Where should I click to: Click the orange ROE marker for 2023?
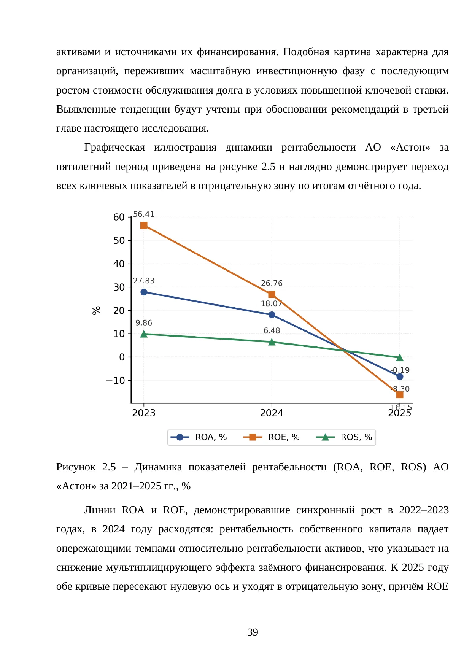click(144, 226)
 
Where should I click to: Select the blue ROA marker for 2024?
click(272, 315)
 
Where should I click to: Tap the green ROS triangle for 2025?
click(400, 357)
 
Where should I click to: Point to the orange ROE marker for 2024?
click(272, 295)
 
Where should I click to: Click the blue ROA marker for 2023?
click(144, 292)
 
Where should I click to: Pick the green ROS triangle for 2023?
click(144, 334)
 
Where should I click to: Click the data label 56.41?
click(144, 214)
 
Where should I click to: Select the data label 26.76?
click(272, 283)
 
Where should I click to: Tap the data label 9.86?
click(144, 323)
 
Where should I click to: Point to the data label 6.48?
click(272, 331)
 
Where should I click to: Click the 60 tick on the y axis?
click(119, 217)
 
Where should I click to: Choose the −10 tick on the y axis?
click(116, 380)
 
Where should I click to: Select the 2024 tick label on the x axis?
click(272, 413)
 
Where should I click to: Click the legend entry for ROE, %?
click(272, 437)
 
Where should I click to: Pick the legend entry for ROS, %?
click(344, 437)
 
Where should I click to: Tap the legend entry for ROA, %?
click(199, 437)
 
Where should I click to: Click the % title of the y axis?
click(97, 310)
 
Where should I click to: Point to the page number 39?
click(253, 632)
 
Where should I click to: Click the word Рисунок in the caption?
click(76, 467)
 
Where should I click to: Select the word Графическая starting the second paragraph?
click(114, 148)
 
